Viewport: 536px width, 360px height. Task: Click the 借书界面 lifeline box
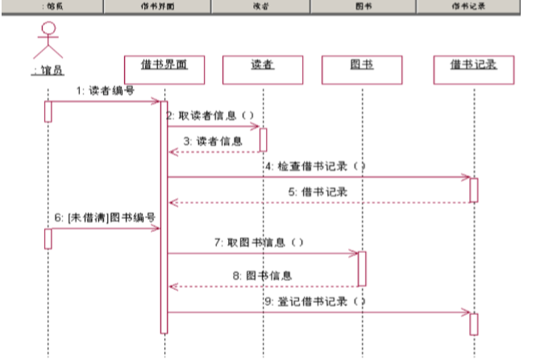[164, 68]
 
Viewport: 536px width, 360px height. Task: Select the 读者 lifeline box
[262, 68]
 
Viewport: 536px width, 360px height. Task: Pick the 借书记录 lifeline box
[474, 68]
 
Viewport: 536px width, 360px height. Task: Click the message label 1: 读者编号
[106, 91]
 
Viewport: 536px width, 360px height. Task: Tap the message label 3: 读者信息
[213, 141]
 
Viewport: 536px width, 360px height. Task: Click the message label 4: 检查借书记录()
[315, 166]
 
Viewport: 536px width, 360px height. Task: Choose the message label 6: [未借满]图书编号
[105, 217]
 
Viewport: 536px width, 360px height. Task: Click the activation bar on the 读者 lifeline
[263, 139]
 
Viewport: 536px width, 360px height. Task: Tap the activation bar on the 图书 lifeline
[362, 268]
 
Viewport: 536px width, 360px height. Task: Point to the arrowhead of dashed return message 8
[172, 286]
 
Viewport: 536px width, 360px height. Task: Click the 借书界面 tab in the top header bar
[157, 6]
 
